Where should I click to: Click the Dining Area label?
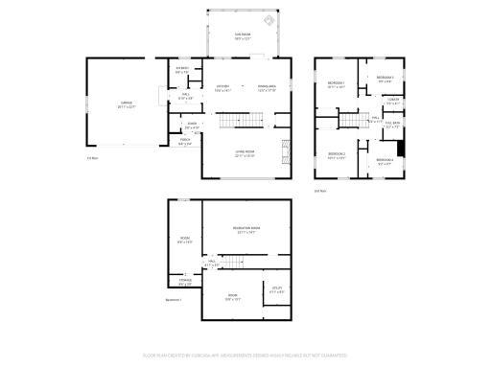coord(267,88)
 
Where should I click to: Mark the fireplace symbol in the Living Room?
coord(285,152)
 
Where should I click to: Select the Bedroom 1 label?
coord(336,84)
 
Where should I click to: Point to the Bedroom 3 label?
coord(385,77)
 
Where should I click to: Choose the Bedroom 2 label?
coord(336,155)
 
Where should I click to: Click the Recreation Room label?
coord(246,230)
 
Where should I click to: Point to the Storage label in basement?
coord(184,283)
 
